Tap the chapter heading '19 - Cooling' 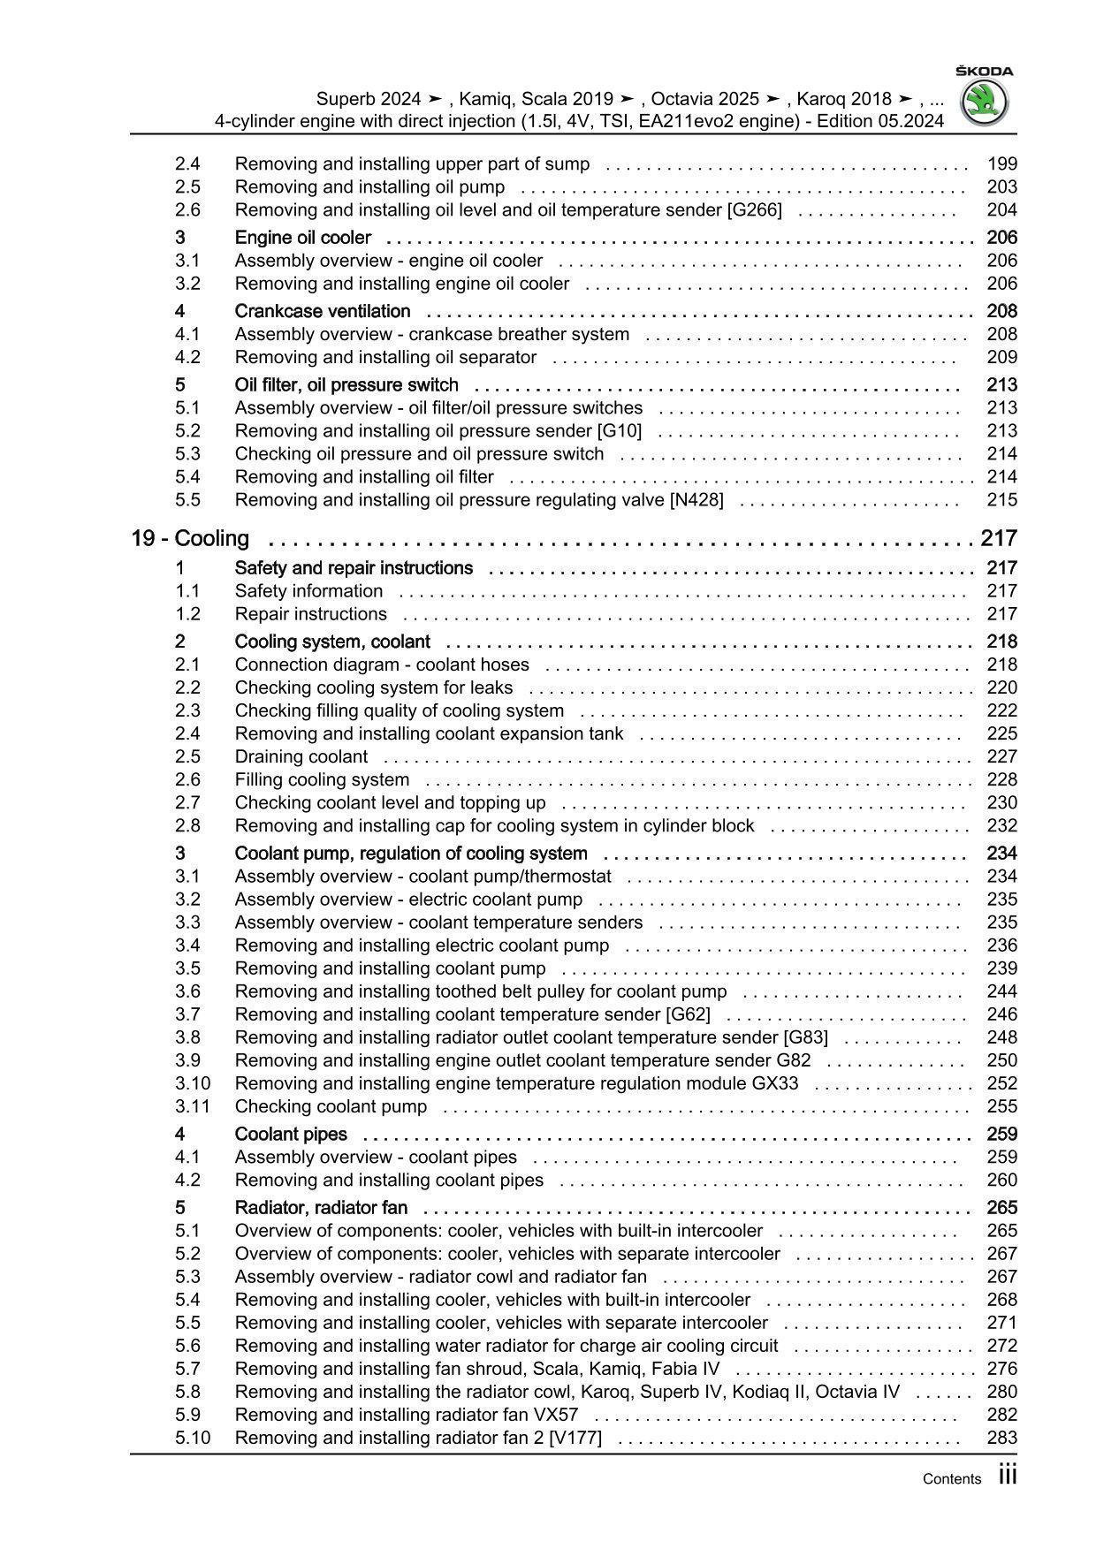(x=190, y=538)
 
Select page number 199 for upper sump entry (x=1001, y=163)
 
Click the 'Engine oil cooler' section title (x=302, y=237)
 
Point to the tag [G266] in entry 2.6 (x=753, y=209)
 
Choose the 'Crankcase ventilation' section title (x=322, y=311)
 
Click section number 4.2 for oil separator (x=187, y=357)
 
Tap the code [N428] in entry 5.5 (x=696, y=499)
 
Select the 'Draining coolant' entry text (x=301, y=756)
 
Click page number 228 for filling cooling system (x=1001, y=779)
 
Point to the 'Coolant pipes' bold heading (x=290, y=1134)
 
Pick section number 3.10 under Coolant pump (x=192, y=1083)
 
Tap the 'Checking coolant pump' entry (x=331, y=1106)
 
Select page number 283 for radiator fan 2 (x=1001, y=1438)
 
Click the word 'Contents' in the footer (x=951, y=1479)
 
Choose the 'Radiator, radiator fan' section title (x=321, y=1207)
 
